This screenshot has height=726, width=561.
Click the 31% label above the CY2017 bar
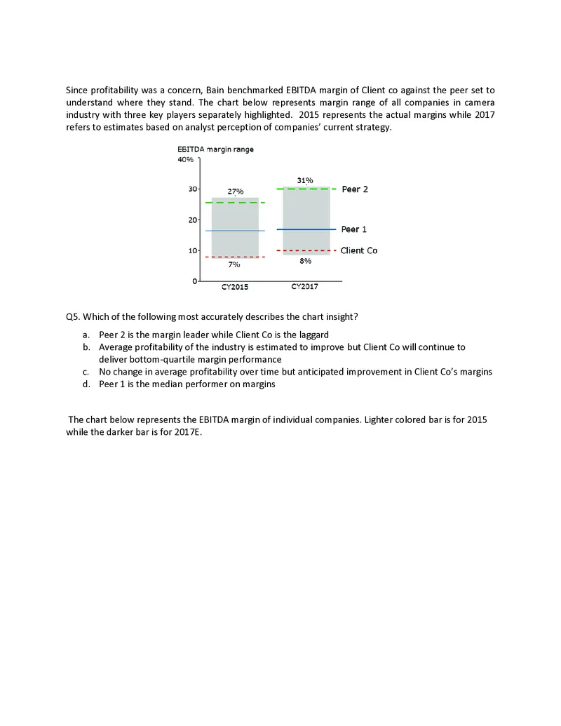(x=305, y=180)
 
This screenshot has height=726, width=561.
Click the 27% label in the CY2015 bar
(x=235, y=191)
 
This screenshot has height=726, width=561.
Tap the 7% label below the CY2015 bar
(x=234, y=265)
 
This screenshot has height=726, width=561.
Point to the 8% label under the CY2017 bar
(x=305, y=260)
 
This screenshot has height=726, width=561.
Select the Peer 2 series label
(x=354, y=189)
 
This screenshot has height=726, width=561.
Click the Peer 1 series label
(x=354, y=229)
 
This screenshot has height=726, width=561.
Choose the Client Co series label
(x=359, y=250)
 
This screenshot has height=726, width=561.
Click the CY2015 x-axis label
(x=234, y=287)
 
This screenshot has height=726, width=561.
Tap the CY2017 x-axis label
(x=305, y=287)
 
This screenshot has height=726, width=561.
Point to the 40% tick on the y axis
(x=185, y=159)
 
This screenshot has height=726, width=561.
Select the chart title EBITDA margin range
(x=215, y=149)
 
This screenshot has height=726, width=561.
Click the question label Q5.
(x=72, y=316)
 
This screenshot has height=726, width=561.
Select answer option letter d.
(x=86, y=385)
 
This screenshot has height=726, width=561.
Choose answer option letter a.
(x=86, y=335)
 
